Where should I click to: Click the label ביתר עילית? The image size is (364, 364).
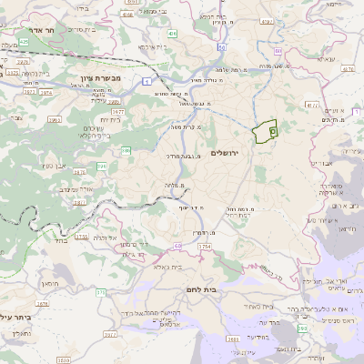point(16,318)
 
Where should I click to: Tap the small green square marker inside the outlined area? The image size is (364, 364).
point(273,131)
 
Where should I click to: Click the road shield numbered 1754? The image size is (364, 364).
point(204,246)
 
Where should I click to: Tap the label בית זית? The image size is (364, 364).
point(110,118)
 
